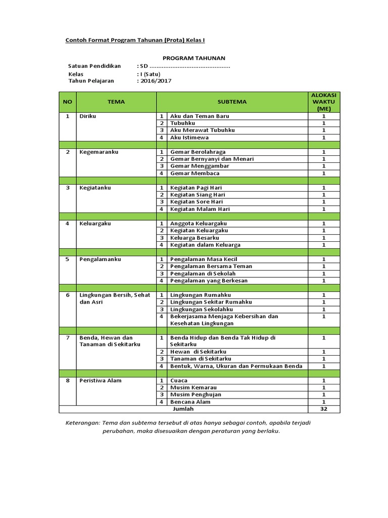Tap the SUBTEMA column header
232,102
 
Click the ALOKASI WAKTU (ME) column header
323,102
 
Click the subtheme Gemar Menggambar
200,166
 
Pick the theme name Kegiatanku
94,188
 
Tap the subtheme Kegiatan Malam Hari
200,209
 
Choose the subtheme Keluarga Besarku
195,238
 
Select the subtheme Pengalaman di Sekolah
203,273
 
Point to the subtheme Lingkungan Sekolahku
202,309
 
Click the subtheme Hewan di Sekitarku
198,352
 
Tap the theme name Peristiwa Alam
100,380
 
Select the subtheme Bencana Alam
190,402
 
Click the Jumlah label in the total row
183,409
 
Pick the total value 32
323,409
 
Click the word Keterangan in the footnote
82,423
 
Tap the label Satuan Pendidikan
94,66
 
